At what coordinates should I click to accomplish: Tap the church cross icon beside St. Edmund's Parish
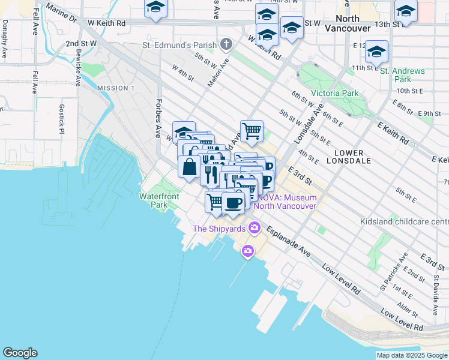(x=226, y=44)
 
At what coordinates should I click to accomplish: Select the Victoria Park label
(x=334, y=94)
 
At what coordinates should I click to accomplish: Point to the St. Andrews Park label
(x=403, y=75)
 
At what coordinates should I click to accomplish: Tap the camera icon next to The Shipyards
(x=255, y=228)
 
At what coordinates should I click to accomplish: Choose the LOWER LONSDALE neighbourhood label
(x=348, y=157)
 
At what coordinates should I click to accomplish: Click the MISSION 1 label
(x=115, y=88)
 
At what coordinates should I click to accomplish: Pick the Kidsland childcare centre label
(x=403, y=222)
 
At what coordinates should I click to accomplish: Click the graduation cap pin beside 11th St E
(x=376, y=52)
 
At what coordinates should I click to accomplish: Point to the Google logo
(x=20, y=353)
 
